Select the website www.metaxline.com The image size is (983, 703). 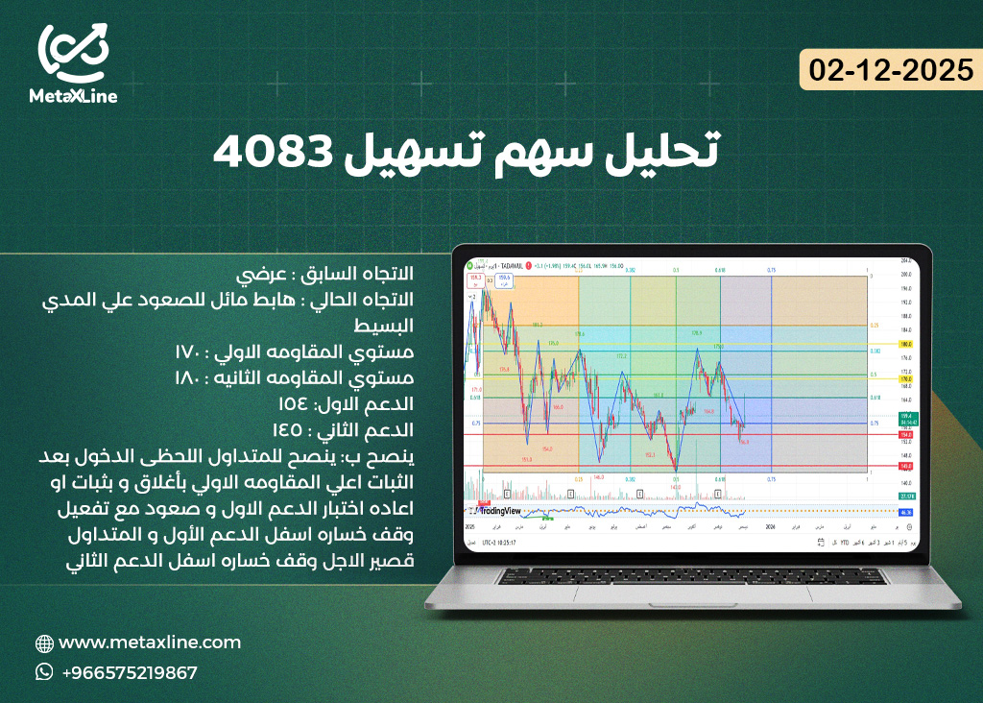(150, 642)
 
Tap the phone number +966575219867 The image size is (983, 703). (129, 672)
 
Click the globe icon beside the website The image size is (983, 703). (44, 643)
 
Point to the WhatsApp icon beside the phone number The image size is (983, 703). (44, 672)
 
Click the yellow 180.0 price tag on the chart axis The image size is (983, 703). (904, 344)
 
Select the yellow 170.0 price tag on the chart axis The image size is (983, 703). (904, 379)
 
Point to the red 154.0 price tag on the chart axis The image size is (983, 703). (904, 434)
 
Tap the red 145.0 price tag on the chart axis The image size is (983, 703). (904, 466)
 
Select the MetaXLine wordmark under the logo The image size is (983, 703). (74, 96)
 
